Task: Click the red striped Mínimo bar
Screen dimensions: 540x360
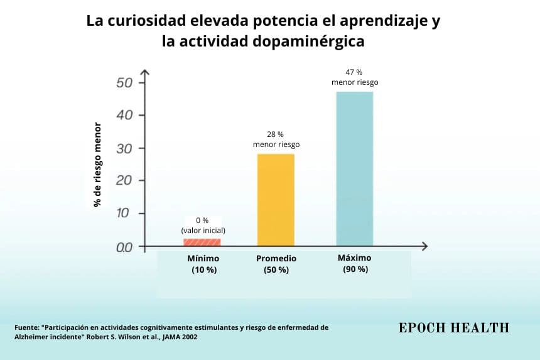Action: click(202, 242)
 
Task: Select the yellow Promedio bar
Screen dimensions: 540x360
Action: click(276, 200)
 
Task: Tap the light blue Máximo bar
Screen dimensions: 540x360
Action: click(354, 169)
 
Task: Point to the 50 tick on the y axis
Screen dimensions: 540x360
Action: click(124, 83)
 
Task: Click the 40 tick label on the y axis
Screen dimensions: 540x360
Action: click(124, 115)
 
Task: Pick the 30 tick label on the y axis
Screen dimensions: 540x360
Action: click(124, 148)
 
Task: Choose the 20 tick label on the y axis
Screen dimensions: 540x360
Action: click(124, 180)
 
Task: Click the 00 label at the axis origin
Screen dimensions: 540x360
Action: click(124, 247)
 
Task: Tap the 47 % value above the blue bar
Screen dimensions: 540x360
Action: click(354, 72)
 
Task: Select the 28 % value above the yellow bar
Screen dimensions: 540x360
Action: click(275, 134)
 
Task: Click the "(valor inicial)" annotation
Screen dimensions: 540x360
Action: click(203, 231)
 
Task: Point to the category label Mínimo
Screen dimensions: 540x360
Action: click(203, 258)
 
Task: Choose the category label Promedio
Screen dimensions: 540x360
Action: click(276, 258)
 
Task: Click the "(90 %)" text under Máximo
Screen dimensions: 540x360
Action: click(355, 269)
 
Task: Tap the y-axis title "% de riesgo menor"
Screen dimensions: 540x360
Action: click(97, 165)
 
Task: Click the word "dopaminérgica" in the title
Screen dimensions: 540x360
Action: click(308, 41)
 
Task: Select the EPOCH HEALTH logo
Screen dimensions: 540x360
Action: click(454, 327)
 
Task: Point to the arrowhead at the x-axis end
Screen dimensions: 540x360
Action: click(424, 246)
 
